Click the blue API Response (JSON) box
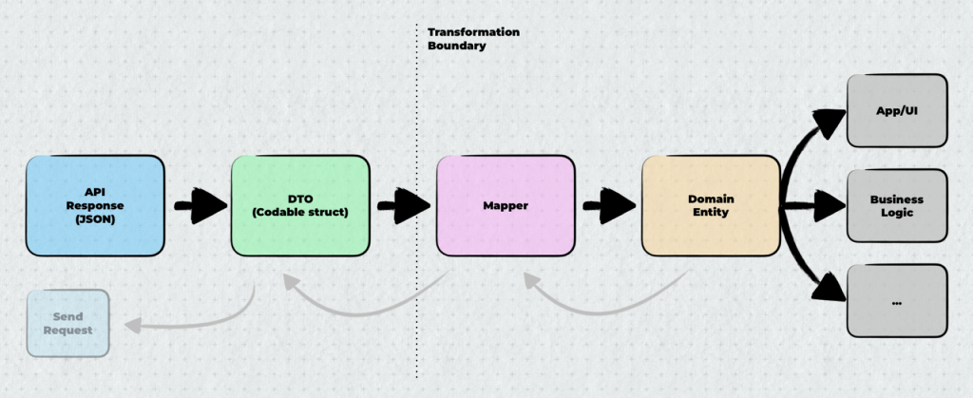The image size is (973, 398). click(95, 206)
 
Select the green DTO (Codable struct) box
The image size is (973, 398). click(299, 206)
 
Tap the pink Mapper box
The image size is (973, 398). click(506, 206)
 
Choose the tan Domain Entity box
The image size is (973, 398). click(709, 206)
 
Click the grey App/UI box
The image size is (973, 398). click(897, 111)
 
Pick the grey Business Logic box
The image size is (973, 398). click(897, 205)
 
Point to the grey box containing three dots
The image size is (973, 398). click(897, 301)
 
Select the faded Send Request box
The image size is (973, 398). click(67, 323)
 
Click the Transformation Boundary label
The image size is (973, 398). click(472, 38)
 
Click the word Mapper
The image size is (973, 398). click(506, 206)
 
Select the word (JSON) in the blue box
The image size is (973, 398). click(95, 219)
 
